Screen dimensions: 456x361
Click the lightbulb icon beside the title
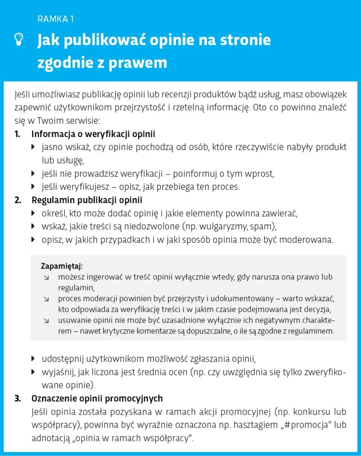(x=18, y=40)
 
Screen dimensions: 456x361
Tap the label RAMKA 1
(x=56, y=19)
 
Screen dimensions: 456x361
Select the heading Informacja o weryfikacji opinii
(x=93, y=134)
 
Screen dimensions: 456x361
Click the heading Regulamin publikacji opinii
(x=87, y=200)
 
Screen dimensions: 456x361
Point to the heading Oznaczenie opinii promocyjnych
(x=97, y=398)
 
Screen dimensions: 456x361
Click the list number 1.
(x=17, y=134)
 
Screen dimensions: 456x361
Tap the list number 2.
(x=18, y=200)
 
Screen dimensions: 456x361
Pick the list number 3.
(x=18, y=398)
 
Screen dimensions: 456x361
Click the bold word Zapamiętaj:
(x=62, y=267)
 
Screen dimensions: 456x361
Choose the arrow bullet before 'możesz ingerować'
(x=46, y=277)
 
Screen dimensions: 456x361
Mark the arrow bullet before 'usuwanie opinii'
(x=46, y=321)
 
